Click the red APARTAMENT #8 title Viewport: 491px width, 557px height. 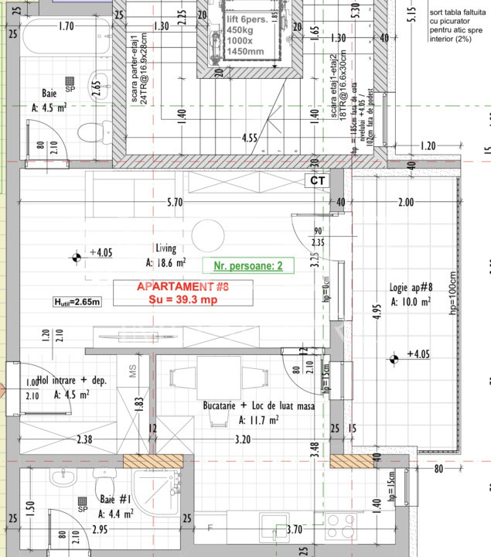(x=183, y=286)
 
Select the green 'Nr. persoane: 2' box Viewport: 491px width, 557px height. (x=244, y=265)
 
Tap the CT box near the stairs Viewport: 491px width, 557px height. (x=318, y=180)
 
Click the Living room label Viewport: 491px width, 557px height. (x=166, y=248)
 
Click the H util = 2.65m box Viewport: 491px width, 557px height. (x=77, y=302)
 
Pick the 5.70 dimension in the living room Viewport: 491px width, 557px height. (x=176, y=203)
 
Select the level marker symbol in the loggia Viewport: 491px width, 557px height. (x=393, y=357)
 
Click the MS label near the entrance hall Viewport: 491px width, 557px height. (x=132, y=371)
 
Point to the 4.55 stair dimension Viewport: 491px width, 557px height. (x=249, y=138)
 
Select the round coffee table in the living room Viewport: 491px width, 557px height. (x=208, y=235)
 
